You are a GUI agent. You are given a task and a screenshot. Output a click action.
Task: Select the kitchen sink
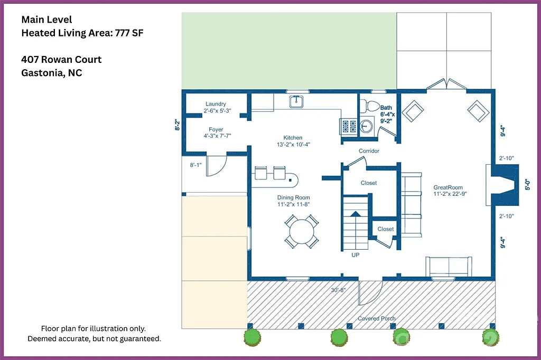pos(296,101)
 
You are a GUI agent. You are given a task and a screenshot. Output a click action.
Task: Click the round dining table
pos(302,231)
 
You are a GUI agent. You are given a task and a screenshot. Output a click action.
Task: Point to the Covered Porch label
pos(377,318)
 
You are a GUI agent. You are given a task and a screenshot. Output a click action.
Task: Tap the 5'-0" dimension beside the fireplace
pos(526,185)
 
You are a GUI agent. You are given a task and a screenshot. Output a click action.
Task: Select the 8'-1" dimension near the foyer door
pos(195,165)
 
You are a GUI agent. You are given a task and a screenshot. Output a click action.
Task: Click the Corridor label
pos(369,151)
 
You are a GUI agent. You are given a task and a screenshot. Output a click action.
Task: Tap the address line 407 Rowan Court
pos(61,59)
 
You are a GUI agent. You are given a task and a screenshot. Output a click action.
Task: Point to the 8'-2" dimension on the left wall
pos(178,125)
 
